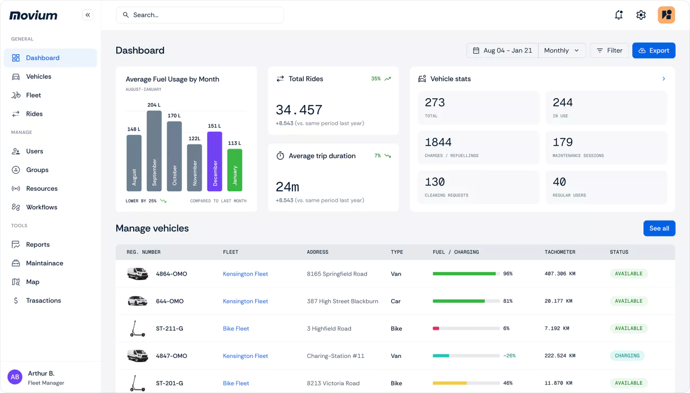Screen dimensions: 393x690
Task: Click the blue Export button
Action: pos(653,50)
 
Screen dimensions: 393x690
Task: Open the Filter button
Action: pos(609,50)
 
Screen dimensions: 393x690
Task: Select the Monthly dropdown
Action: pos(562,50)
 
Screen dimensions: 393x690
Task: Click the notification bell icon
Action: pos(618,15)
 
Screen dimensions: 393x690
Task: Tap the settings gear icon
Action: pos(641,15)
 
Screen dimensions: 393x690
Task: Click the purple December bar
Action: pos(214,161)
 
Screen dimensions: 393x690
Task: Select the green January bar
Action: pos(235,170)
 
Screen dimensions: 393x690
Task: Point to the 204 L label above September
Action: pos(154,105)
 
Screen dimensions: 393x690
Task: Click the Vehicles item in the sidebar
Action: pos(39,76)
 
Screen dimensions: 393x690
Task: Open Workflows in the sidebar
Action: pos(41,207)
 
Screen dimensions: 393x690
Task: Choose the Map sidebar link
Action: pos(32,282)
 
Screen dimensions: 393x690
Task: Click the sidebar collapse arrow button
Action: pos(88,15)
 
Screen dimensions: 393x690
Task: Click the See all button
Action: pos(659,228)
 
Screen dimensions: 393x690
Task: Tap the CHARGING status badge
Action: pos(627,356)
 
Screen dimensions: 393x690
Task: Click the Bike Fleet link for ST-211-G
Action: pos(236,329)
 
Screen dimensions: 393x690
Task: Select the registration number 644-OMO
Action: pos(169,301)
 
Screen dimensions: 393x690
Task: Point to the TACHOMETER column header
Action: pos(559,252)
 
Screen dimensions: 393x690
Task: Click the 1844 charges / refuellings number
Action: pos(438,142)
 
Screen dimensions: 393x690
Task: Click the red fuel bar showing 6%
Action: pos(436,329)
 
